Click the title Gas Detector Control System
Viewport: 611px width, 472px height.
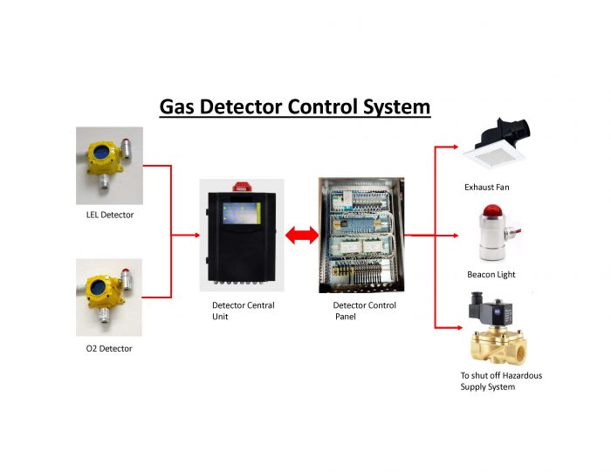pyautogui.click(x=295, y=107)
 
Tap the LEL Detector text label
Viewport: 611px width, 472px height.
pyautogui.click(x=105, y=215)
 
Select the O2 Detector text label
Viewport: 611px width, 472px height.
pyautogui.click(x=104, y=348)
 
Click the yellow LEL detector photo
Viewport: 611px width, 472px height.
pyautogui.click(x=109, y=164)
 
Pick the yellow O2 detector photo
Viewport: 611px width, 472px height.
pyautogui.click(x=109, y=298)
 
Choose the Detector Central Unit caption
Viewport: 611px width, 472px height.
pyautogui.click(x=243, y=311)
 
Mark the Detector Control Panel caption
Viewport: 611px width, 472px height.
pyautogui.click(x=364, y=311)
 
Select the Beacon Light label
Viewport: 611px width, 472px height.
pyautogui.click(x=491, y=275)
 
